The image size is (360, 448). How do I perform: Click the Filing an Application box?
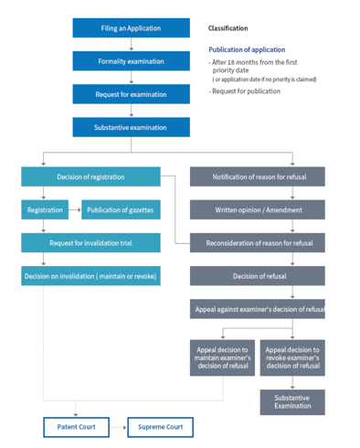click(x=131, y=28)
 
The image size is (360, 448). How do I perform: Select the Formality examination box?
click(x=131, y=61)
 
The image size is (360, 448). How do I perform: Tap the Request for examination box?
click(x=131, y=94)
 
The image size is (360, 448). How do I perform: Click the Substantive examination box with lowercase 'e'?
click(x=131, y=128)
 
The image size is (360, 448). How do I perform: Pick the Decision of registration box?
click(x=90, y=176)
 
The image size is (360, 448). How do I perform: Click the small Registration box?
click(x=45, y=210)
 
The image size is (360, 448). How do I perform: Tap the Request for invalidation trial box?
click(x=90, y=243)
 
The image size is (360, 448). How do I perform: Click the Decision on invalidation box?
click(x=90, y=276)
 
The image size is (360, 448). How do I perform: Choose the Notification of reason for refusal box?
click(x=258, y=176)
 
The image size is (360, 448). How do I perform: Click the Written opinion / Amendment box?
click(x=258, y=210)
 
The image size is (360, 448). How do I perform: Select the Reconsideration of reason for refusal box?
click(x=258, y=243)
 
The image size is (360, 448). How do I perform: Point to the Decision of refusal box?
click(x=258, y=276)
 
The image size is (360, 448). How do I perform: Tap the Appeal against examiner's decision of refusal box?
click(x=258, y=309)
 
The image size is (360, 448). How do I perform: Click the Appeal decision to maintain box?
click(x=222, y=357)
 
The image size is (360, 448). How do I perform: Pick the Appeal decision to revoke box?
click(x=292, y=357)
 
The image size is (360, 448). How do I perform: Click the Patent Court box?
click(x=76, y=427)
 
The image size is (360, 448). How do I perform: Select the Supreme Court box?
click(x=160, y=427)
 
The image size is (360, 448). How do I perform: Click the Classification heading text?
click(x=228, y=28)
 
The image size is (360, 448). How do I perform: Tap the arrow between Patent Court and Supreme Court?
click(x=118, y=427)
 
